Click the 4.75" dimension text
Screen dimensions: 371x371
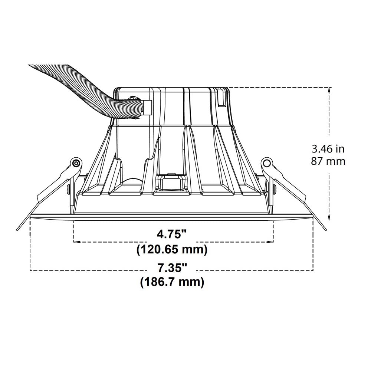coord(172,234)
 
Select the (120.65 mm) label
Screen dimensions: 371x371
coord(172,249)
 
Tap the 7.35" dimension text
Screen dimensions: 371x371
coord(172,268)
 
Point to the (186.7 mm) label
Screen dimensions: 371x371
coord(172,282)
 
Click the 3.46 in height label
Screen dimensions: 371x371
coord(328,149)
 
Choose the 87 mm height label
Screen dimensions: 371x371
coord(328,161)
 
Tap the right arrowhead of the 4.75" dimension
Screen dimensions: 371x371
coord(271,242)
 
